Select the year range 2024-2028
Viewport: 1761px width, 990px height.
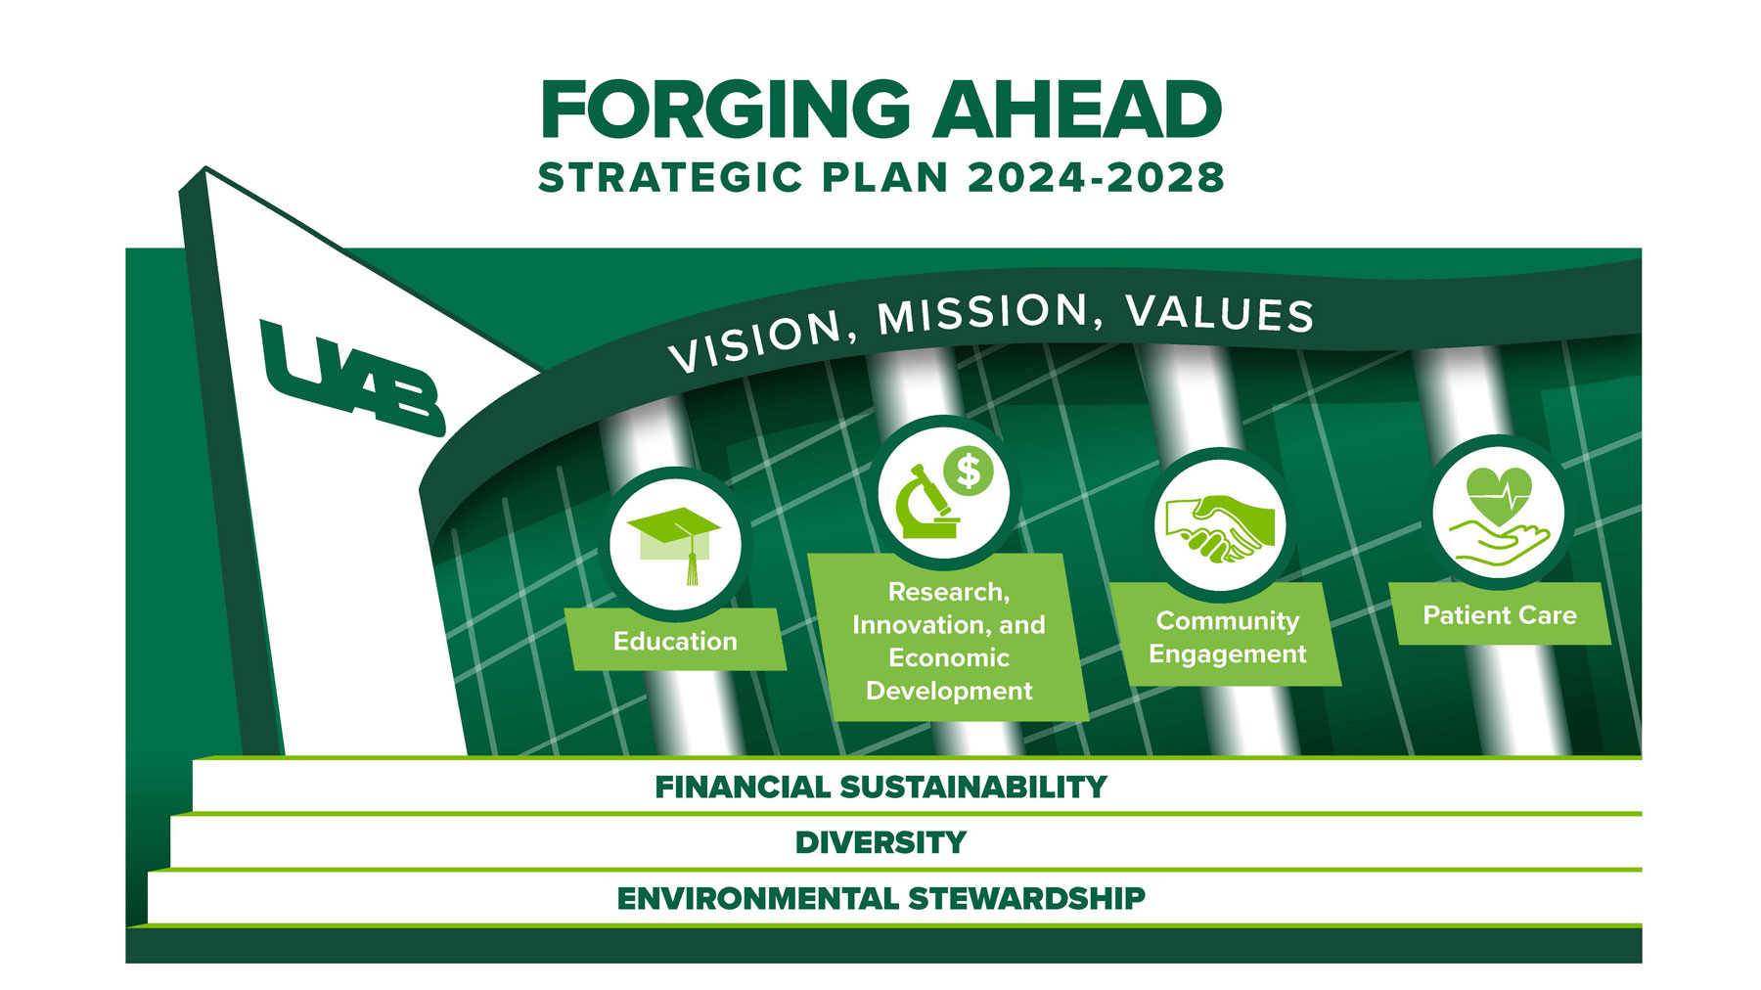tap(1096, 178)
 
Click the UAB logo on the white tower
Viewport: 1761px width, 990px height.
tap(352, 378)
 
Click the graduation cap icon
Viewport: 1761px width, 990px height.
tap(674, 543)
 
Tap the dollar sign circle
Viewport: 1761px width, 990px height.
tap(969, 471)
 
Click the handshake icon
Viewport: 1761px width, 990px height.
tap(1219, 526)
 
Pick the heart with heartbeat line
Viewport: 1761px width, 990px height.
tap(1499, 495)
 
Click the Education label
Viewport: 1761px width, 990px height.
tap(675, 641)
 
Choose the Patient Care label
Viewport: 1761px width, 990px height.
tap(1500, 615)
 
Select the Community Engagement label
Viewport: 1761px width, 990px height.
tap(1227, 637)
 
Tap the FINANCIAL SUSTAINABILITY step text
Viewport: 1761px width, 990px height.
tap(880, 787)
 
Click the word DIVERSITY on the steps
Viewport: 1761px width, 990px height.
tap(880, 842)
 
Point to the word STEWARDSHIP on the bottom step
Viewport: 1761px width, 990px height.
tap(1026, 898)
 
